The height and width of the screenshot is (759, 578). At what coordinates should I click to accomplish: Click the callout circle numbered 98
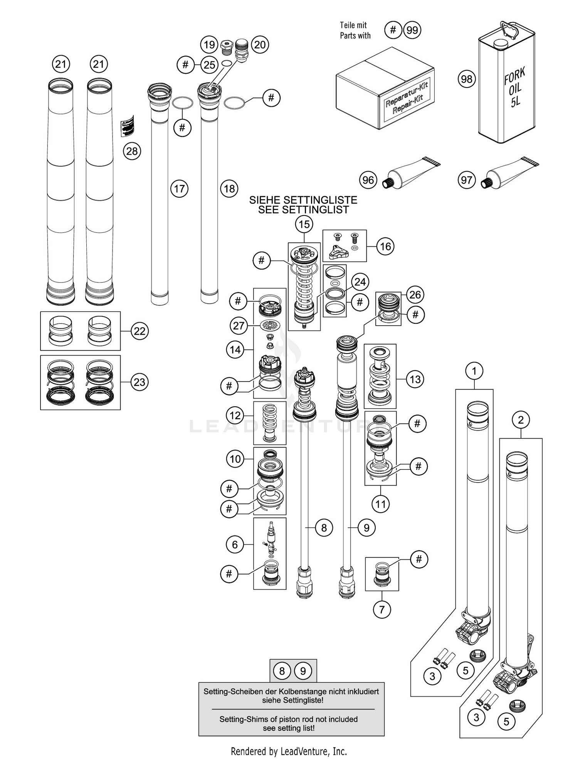tap(466, 79)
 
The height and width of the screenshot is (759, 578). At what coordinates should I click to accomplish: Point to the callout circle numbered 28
tap(132, 151)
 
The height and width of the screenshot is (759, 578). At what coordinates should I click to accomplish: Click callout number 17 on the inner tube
tap(179, 189)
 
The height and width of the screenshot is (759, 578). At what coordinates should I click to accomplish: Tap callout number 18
tap(229, 189)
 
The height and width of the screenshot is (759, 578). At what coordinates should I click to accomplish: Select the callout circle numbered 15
tap(304, 224)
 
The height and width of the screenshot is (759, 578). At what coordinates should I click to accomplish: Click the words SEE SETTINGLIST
tap(303, 210)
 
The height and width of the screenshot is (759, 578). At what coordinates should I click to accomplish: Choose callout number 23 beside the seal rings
tap(139, 382)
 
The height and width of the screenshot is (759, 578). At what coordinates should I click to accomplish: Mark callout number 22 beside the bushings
tap(139, 331)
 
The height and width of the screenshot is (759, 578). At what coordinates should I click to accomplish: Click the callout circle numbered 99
tap(412, 30)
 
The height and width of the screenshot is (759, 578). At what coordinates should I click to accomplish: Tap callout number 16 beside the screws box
tap(385, 247)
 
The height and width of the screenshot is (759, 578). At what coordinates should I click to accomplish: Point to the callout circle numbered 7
tap(381, 609)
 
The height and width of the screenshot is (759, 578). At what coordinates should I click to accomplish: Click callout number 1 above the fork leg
tap(474, 371)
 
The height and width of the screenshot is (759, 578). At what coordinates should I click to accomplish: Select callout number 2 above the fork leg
tap(521, 420)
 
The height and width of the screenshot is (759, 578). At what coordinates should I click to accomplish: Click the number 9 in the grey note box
tap(303, 671)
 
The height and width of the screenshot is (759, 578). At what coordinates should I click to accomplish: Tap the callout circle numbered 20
tap(260, 45)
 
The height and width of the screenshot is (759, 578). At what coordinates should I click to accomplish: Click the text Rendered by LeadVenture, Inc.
tap(289, 751)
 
